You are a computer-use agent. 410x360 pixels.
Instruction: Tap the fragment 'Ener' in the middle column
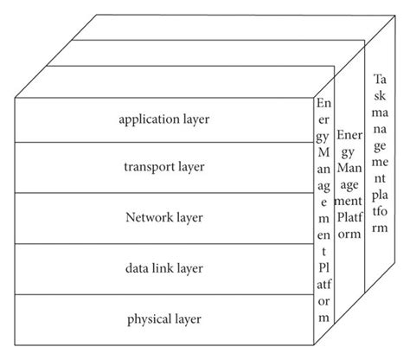point(349,136)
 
